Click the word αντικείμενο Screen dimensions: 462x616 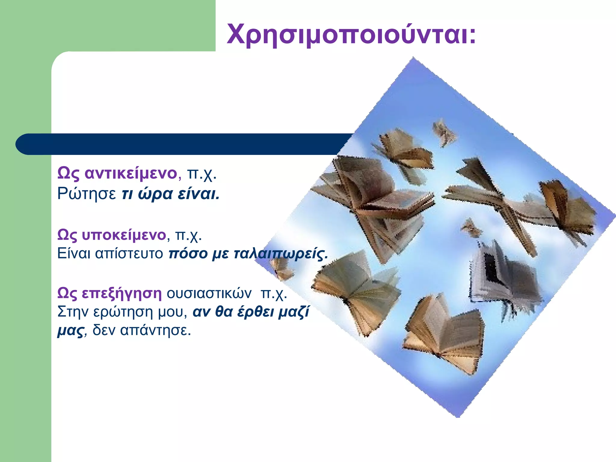pyautogui.click(x=131, y=173)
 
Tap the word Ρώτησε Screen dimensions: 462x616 pyautogui.click(x=87, y=194)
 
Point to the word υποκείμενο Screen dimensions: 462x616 pyautogui.click(x=124, y=235)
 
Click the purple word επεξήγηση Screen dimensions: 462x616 pyautogui.click(x=122, y=293)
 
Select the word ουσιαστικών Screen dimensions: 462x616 pyautogui.click(x=209, y=293)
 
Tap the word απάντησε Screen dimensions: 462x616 pyautogui.click(x=156, y=331)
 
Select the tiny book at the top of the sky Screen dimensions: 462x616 pyautogui.click(x=443, y=132)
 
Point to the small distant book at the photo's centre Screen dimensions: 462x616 pyautogui.click(x=471, y=227)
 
